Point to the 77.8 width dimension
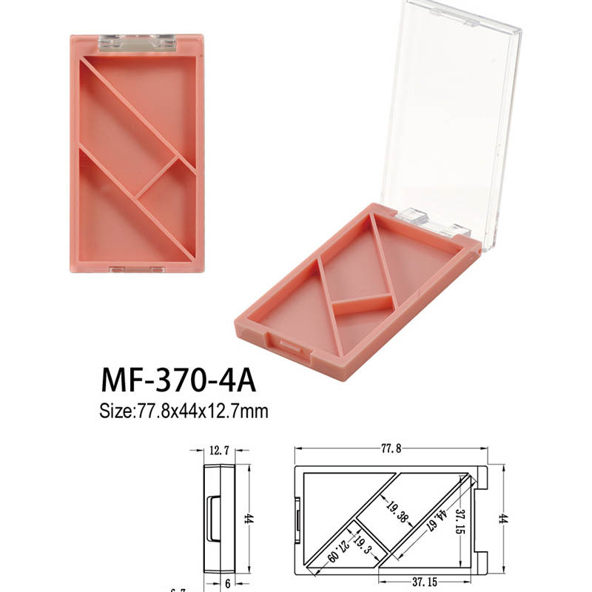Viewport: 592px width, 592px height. tap(391, 448)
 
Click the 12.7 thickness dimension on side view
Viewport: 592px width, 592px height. tap(220, 449)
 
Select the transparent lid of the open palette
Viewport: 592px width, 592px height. tap(459, 111)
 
